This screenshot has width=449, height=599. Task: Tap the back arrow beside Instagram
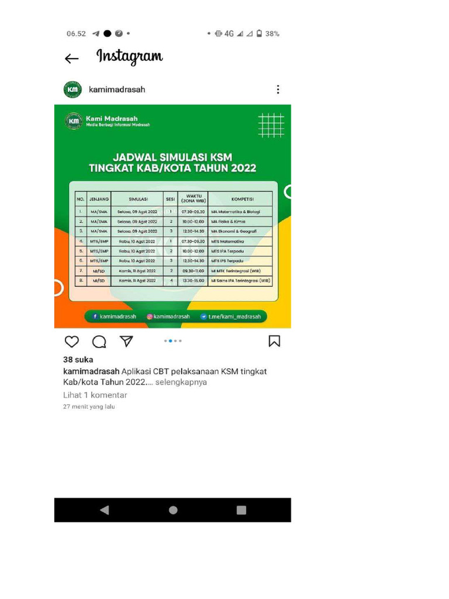coord(71,58)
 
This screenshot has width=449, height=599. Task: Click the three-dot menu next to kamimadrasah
coord(278,89)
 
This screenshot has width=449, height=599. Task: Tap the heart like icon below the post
coord(71,342)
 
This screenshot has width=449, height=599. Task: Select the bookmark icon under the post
coord(274,341)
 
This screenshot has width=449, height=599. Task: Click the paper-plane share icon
coord(126,342)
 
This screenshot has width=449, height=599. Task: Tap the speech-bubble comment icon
coord(99,342)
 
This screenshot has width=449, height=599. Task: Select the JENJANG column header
coord(99,199)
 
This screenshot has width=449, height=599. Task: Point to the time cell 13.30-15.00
coord(193,281)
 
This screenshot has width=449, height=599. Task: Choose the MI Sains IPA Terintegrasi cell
coord(240,281)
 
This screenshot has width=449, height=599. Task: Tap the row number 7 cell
coord(81,271)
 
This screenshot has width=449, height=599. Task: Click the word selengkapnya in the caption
coord(181,382)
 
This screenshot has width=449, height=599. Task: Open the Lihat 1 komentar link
coord(95,395)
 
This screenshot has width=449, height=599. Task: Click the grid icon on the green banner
coord(271,125)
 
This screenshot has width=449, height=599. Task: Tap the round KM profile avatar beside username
coord(72,89)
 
